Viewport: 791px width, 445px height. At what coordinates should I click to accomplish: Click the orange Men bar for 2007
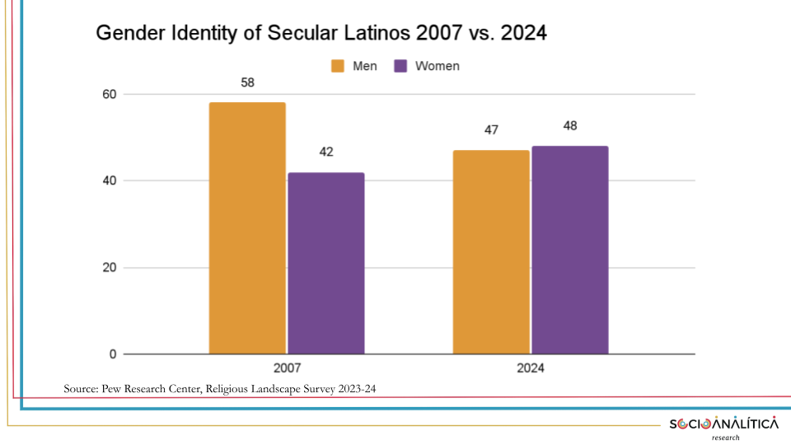pyautogui.click(x=247, y=228)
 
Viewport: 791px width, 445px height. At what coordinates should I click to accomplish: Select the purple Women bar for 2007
pyautogui.click(x=325, y=263)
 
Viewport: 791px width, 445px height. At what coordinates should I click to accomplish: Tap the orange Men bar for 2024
pyautogui.click(x=491, y=252)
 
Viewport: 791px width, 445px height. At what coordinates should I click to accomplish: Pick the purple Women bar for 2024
pyautogui.click(x=569, y=250)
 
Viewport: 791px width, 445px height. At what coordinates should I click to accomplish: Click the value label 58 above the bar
pyautogui.click(x=247, y=82)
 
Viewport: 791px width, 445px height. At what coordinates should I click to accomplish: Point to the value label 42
pyautogui.click(x=325, y=152)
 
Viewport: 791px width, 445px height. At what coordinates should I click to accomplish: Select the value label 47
pyautogui.click(x=491, y=130)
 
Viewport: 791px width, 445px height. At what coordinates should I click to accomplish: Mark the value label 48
pyautogui.click(x=569, y=126)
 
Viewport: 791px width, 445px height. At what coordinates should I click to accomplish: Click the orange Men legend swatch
pyautogui.click(x=339, y=66)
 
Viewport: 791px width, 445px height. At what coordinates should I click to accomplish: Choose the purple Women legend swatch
pyautogui.click(x=401, y=66)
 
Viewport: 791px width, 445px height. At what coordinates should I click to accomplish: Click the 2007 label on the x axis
pyautogui.click(x=286, y=369)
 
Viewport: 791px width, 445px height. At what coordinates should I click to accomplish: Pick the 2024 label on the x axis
pyautogui.click(x=531, y=369)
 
